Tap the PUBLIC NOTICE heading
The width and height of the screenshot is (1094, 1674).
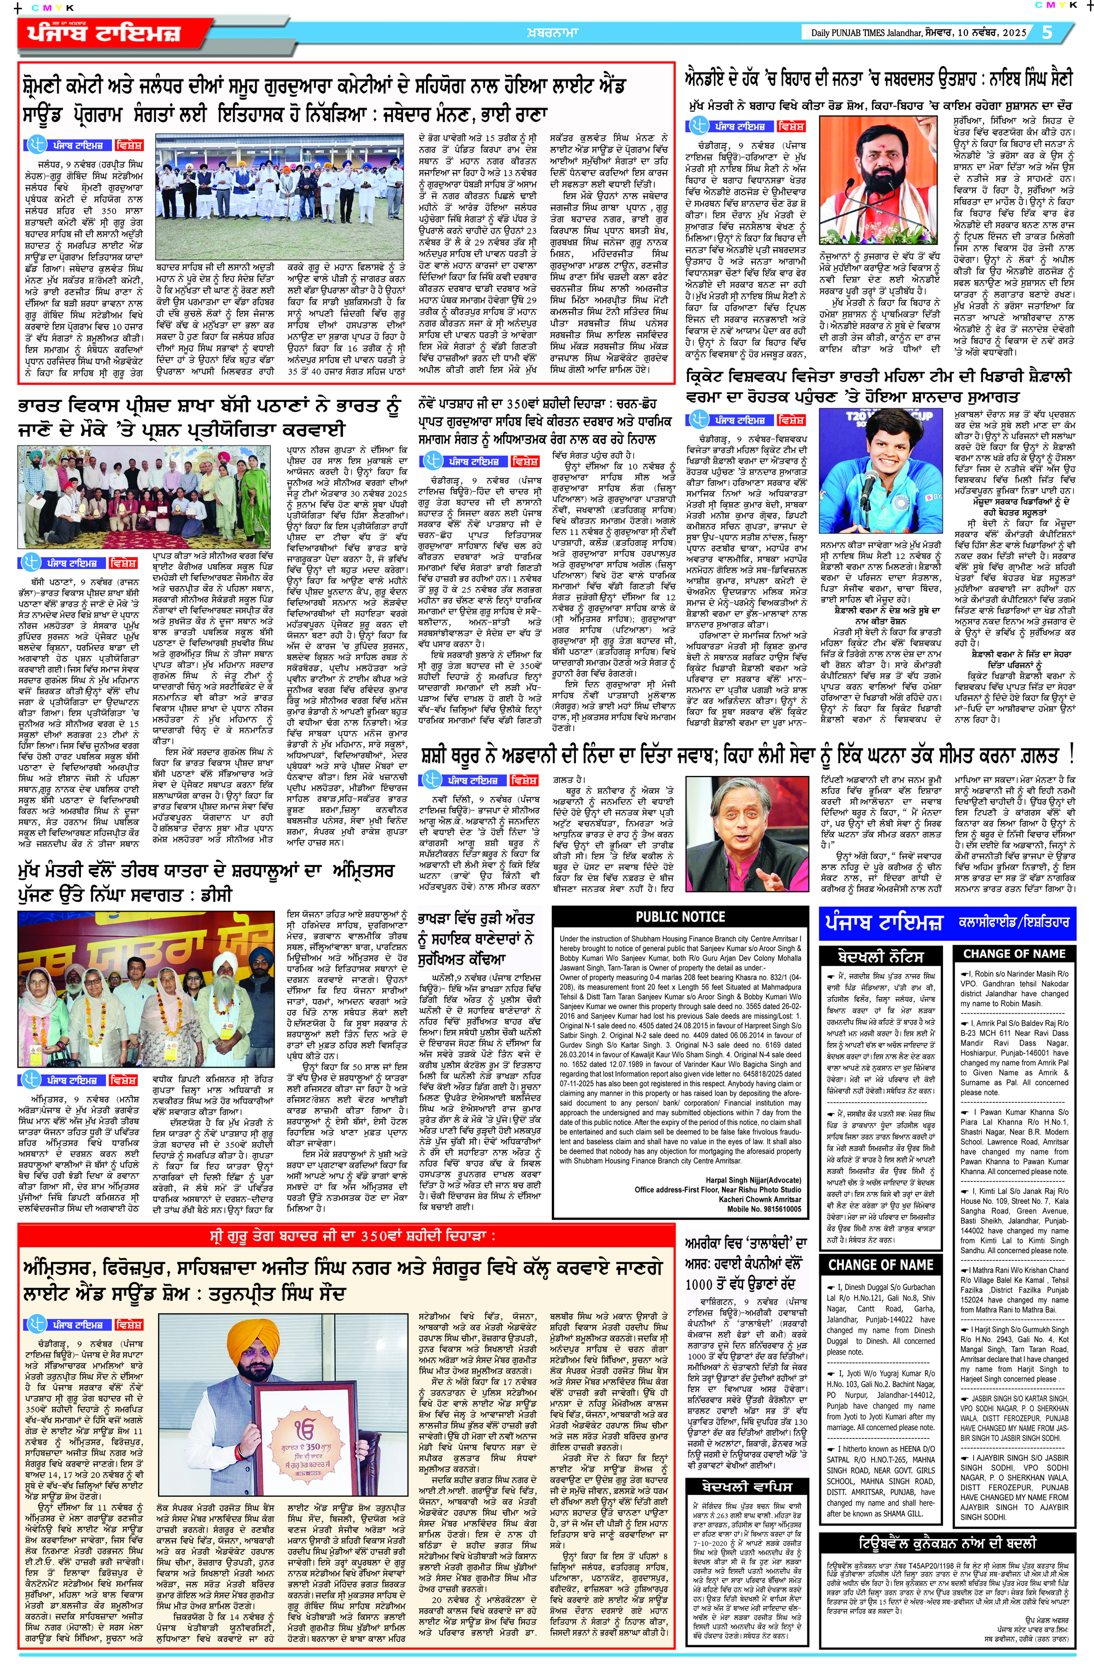point(680,917)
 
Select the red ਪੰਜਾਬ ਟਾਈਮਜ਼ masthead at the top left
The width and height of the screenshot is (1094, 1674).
point(106,33)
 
